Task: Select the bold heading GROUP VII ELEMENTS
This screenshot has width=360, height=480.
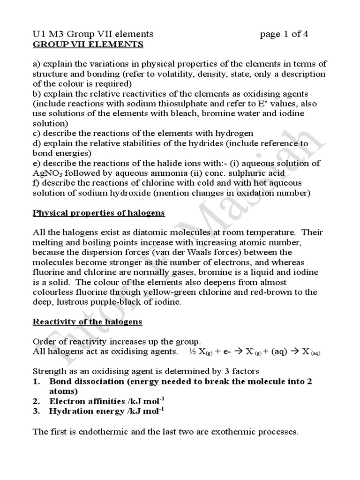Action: (88, 45)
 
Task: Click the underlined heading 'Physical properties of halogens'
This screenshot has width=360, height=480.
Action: (98, 213)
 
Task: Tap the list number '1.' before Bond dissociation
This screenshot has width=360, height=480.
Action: (37, 381)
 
